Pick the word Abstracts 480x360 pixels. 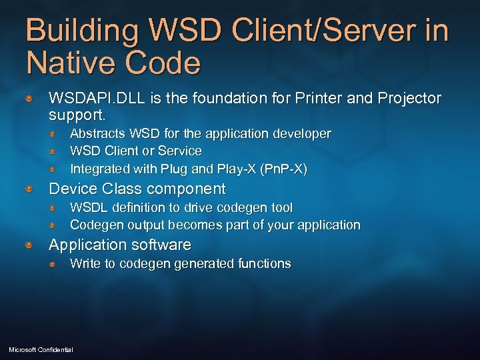(x=98, y=133)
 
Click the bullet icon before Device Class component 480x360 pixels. (x=29, y=189)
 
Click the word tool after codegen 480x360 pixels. (x=281, y=208)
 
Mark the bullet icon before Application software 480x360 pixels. (x=29, y=245)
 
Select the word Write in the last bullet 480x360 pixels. (x=85, y=263)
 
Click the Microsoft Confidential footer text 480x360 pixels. (x=41, y=349)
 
